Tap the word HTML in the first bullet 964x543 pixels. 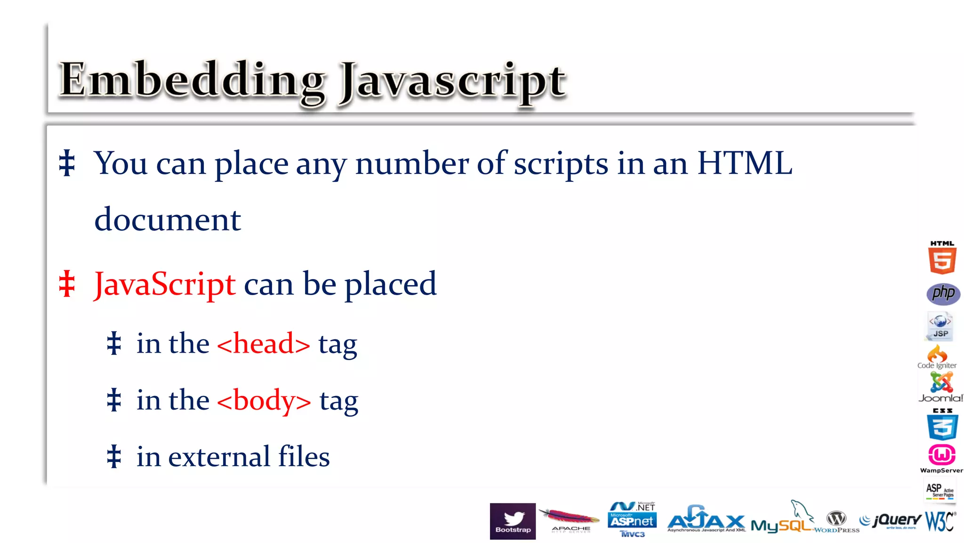745,163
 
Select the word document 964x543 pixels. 168,220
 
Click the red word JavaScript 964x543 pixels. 165,284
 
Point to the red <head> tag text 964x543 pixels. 264,344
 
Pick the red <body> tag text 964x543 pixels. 264,400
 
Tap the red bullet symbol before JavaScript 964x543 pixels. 67,284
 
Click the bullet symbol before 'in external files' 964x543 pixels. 114,457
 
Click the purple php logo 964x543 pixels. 943,294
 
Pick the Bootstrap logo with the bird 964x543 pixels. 513,521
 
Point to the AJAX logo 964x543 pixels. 706,519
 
